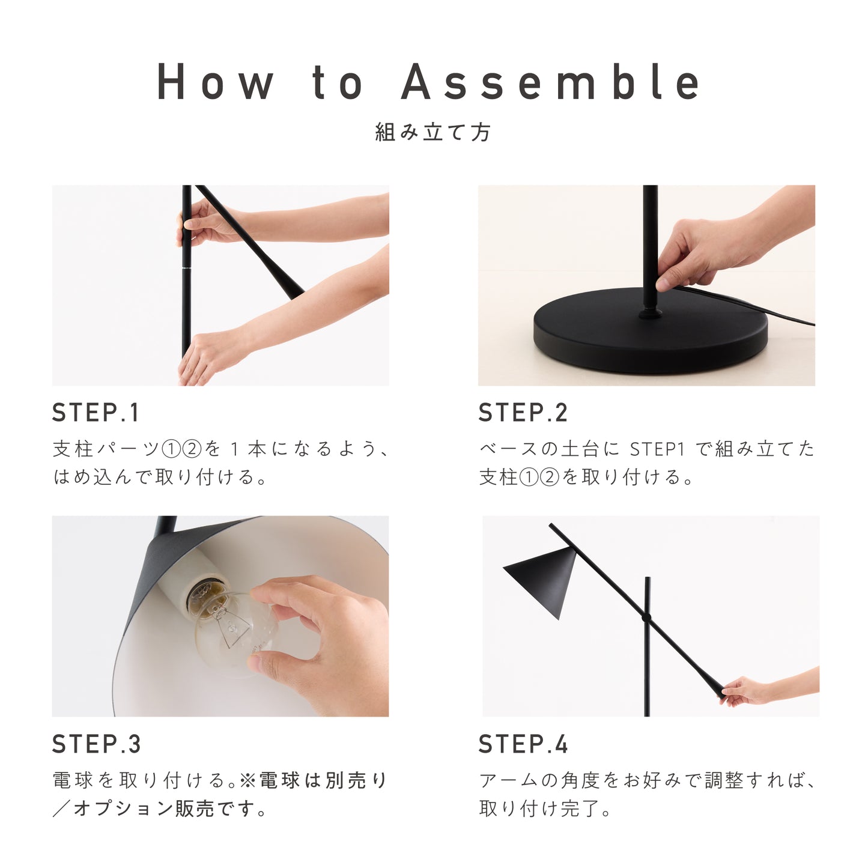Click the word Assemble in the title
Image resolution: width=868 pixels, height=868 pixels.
tap(550, 82)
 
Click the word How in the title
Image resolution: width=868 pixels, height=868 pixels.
tap(215, 82)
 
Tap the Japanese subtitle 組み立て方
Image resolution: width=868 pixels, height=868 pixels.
tap(432, 132)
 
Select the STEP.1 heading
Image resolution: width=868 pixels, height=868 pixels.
tap(96, 412)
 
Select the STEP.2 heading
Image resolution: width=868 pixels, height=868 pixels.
tap(523, 412)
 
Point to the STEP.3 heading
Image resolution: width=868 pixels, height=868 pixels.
tap(96, 744)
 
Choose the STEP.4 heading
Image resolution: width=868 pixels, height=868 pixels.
tap(523, 744)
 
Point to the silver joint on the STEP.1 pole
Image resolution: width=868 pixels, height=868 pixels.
tap(187, 269)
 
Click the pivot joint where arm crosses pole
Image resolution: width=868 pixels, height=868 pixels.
tap(647, 617)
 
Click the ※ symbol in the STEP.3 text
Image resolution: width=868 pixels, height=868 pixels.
tap(247, 781)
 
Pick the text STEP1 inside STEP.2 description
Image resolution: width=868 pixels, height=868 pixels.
tap(658, 449)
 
